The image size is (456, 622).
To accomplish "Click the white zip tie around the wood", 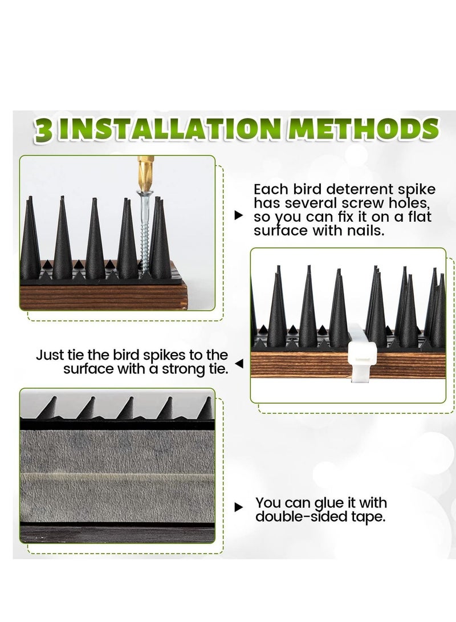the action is (362, 353).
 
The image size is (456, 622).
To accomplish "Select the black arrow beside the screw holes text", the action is (239, 216).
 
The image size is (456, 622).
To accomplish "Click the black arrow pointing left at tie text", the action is (239, 363).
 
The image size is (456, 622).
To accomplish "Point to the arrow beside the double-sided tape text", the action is (239, 507).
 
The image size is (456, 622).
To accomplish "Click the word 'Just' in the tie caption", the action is (49, 355).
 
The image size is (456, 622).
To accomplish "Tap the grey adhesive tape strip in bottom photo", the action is (117, 476).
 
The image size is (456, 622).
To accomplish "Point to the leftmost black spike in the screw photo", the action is (30, 238).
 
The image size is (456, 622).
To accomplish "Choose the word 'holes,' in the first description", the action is (409, 203).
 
